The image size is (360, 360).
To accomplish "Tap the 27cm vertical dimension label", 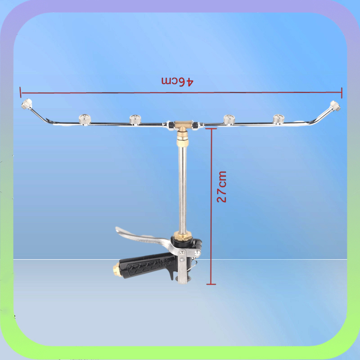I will [222, 186].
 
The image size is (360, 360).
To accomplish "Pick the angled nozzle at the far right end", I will [335, 106].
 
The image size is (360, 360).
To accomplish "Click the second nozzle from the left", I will [83, 119].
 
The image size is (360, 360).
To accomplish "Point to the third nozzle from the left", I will [135, 119].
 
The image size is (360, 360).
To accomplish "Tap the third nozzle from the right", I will [229, 119].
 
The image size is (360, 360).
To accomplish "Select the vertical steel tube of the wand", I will [182, 189].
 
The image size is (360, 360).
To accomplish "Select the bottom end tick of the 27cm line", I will [211, 284].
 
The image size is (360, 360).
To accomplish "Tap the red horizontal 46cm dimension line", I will [112, 93].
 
